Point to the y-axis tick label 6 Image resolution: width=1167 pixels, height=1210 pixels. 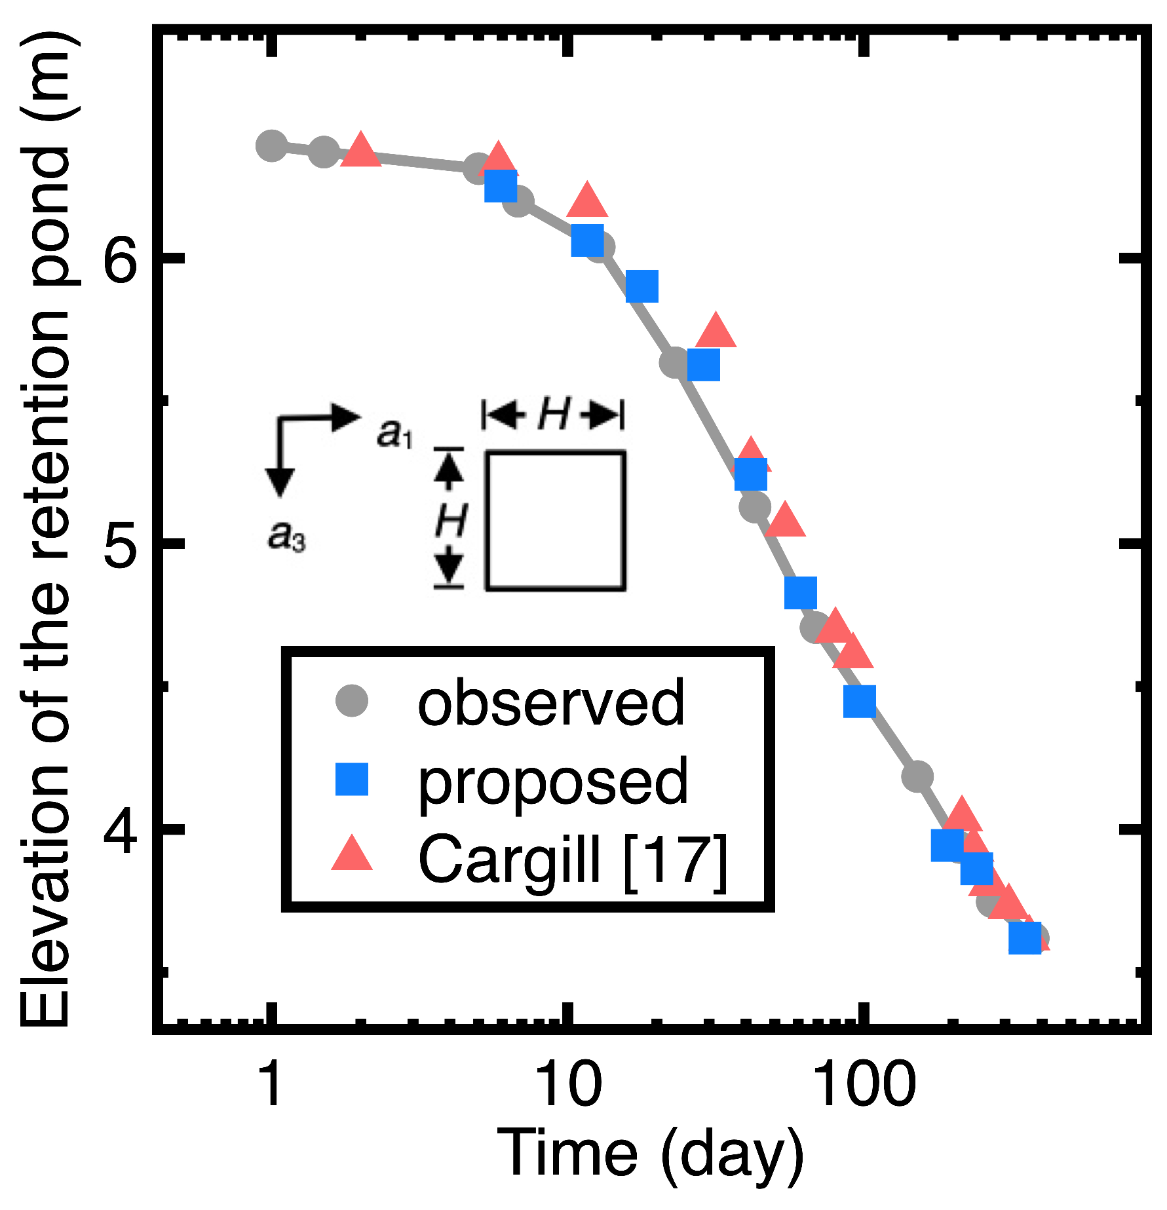tap(121, 259)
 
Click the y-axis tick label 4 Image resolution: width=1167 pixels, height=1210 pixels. tap(121, 829)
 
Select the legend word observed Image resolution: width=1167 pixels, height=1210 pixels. tap(550, 702)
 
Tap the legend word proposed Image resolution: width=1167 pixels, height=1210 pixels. tap(552, 781)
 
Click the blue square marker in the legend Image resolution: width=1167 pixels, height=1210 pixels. tap(352, 780)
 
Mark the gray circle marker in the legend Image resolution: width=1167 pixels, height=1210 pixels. tap(352, 701)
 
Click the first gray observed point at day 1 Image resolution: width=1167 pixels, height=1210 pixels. tap(271, 145)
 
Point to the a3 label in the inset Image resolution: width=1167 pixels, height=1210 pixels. tap(286, 537)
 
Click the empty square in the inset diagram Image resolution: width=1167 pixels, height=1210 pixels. tap(555, 521)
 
